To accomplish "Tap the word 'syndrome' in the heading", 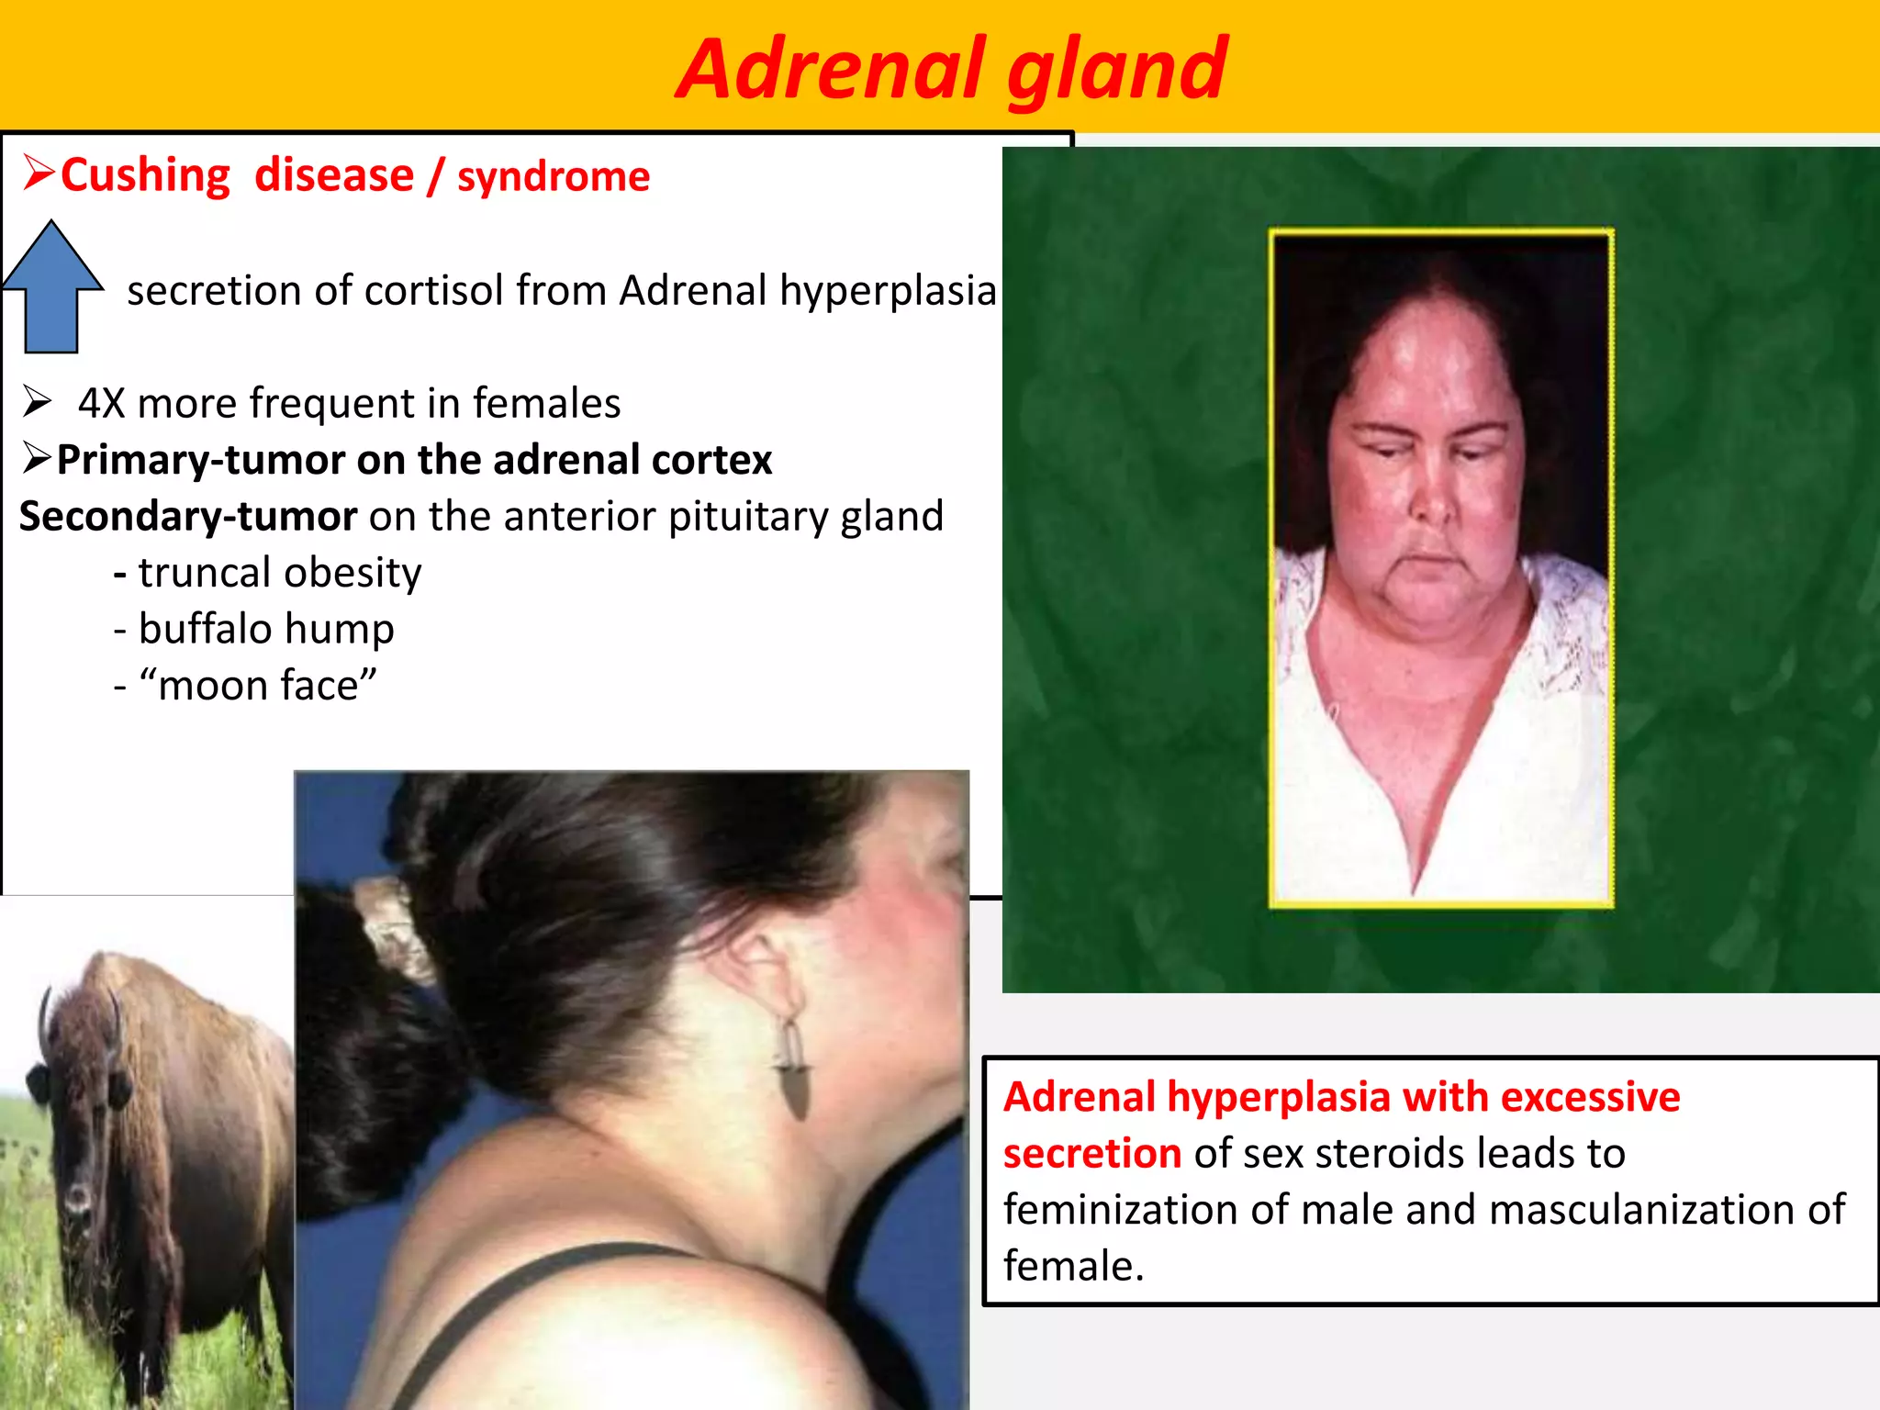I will click(554, 176).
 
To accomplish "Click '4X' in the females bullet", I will click(101, 403).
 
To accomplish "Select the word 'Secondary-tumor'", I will click(188, 516).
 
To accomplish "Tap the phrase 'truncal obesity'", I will click(279, 573).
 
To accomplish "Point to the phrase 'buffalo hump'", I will click(266, 629).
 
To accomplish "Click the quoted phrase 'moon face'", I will click(258, 686).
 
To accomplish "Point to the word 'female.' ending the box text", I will click(1073, 1266).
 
